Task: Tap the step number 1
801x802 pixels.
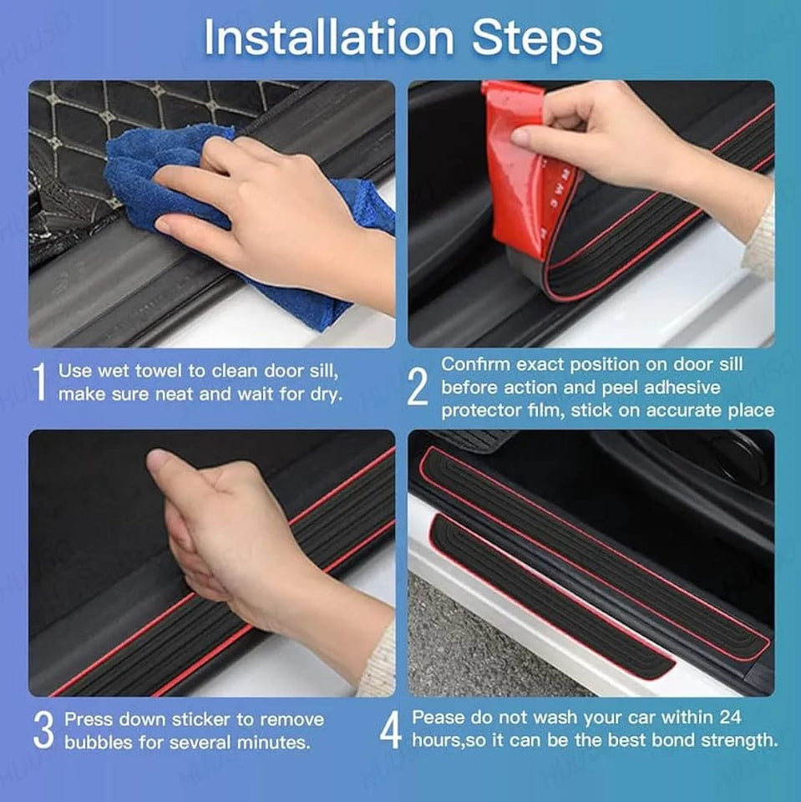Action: (x=38, y=383)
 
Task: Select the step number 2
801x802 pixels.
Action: (x=418, y=388)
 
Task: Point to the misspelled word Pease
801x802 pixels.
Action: (x=440, y=718)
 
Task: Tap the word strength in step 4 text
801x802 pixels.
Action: (x=743, y=740)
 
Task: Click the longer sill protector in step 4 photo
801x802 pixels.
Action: (x=601, y=551)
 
